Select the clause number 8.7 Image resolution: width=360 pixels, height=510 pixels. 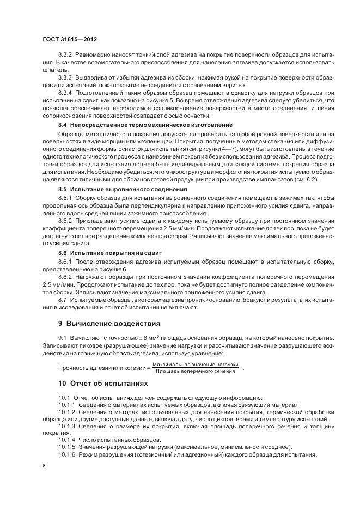[62, 300]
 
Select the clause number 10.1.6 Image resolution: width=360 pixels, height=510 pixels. [67, 455]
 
